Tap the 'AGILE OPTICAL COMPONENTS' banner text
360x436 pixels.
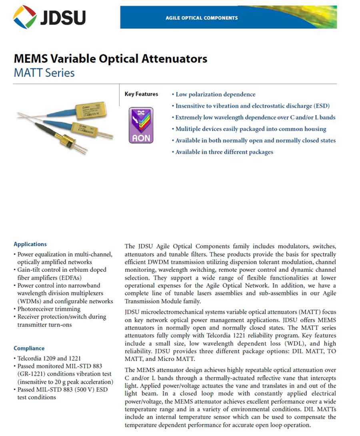202,18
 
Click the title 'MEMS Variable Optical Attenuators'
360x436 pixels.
110,59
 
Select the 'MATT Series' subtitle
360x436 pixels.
44,73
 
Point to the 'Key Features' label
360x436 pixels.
141,94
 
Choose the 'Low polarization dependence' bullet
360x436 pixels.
215,95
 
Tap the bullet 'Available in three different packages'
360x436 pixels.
224,152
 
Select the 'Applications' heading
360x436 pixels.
30,244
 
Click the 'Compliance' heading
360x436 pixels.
29,348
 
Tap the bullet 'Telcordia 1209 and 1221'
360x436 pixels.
49,358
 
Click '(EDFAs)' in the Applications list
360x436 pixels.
65,278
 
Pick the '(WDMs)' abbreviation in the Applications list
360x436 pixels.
28,301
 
